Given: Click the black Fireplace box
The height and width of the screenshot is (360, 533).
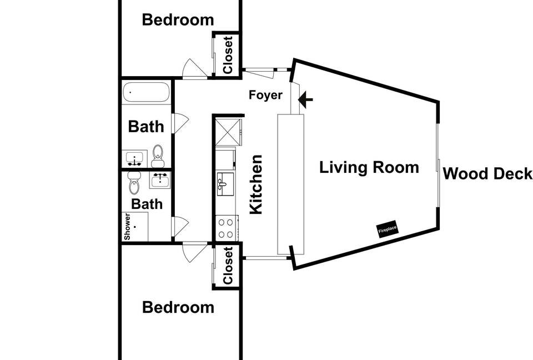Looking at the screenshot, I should pyautogui.click(x=388, y=230).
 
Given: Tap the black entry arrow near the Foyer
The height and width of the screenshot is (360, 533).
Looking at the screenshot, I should pyautogui.click(x=306, y=99).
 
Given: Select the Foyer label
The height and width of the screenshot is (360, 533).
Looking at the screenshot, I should pyautogui.click(x=265, y=96).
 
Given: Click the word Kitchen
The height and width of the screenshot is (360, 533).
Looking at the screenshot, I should pyautogui.click(x=255, y=184).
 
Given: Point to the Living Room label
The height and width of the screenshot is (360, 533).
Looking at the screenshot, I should pyautogui.click(x=369, y=167).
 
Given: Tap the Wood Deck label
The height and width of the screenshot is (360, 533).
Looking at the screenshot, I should pyautogui.click(x=487, y=174).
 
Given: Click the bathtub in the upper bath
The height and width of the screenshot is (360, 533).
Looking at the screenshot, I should pyautogui.click(x=146, y=92).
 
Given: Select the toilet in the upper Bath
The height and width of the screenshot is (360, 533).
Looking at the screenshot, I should pyautogui.click(x=158, y=156).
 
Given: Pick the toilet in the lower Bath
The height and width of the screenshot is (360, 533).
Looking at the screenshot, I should pyautogui.click(x=134, y=182).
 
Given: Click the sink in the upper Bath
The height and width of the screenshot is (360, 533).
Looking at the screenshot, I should pyautogui.click(x=134, y=159).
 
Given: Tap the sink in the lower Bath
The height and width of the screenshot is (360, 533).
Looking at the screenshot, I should pyautogui.click(x=160, y=180).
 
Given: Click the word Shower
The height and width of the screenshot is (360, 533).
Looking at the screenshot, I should pyautogui.click(x=127, y=226).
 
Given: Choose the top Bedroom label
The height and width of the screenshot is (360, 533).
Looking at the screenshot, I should pyautogui.click(x=178, y=19).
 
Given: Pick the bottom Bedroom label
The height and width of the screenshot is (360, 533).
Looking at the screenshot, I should pyautogui.click(x=178, y=307).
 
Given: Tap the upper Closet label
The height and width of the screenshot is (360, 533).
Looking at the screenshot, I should pyautogui.click(x=228, y=55).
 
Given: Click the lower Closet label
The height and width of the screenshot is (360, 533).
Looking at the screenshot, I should pyautogui.click(x=228, y=266).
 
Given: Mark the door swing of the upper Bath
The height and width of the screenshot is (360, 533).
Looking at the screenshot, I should pyautogui.click(x=180, y=123).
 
